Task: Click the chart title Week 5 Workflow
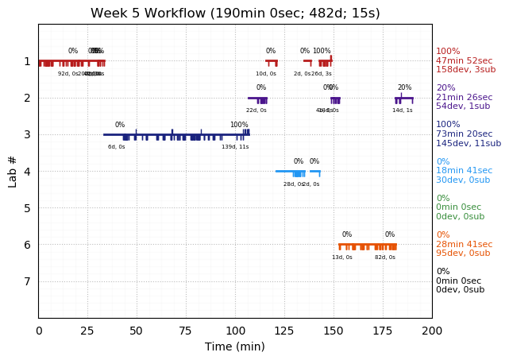[x=235, y=14]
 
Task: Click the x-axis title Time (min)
[x=235, y=346]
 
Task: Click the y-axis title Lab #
[x=13, y=171]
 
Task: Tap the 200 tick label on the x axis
[x=432, y=330]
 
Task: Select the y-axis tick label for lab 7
[x=27, y=281]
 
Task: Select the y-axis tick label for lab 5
[x=27, y=208]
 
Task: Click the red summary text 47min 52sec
[x=464, y=60]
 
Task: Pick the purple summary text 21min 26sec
[x=464, y=97]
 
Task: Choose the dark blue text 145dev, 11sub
[x=469, y=143]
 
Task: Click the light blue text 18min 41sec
[x=464, y=171]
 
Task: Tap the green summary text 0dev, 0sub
[x=460, y=216]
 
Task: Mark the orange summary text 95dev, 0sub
[x=463, y=253]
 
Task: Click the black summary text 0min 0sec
[x=458, y=281]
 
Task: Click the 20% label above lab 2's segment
[x=404, y=88]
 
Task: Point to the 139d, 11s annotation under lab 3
[x=235, y=147]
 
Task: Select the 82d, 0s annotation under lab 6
[x=385, y=257]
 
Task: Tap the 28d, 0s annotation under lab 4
[x=293, y=184]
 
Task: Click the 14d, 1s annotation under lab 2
[x=402, y=110]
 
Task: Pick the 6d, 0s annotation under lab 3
[x=117, y=147]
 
